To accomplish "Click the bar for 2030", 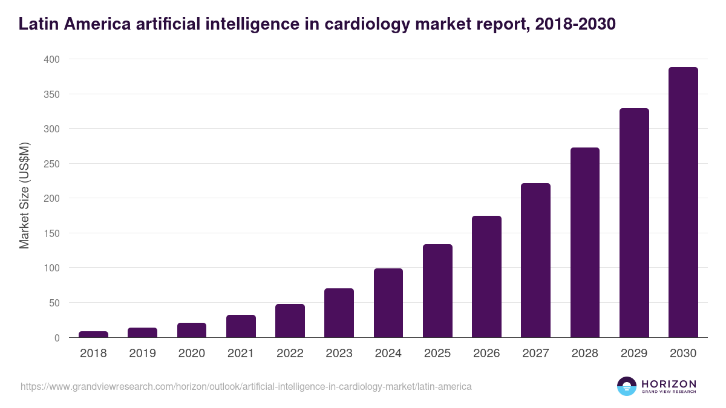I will [x=683, y=202].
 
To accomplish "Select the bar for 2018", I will [x=93, y=334].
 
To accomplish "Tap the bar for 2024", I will [x=388, y=303].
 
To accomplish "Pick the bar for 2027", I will [x=535, y=260].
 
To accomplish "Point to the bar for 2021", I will [x=241, y=326].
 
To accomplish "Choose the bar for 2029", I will [x=634, y=222].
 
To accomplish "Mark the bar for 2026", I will [x=486, y=276].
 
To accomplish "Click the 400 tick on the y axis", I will [x=51, y=59].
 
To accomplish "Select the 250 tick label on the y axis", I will [x=51, y=164].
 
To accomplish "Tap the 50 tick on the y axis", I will [x=54, y=303].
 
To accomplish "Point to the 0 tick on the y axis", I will [x=57, y=338].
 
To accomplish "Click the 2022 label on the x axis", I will [x=290, y=354].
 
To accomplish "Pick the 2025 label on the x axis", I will [x=437, y=354].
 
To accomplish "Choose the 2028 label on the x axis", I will [x=585, y=354].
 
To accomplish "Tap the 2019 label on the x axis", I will [x=142, y=354].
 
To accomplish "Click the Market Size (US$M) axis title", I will [x=24, y=196].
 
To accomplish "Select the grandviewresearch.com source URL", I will [x=246, y=386].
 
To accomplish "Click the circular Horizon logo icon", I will [x=627, y=386].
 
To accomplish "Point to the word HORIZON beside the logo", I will [x=669, y=384].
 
